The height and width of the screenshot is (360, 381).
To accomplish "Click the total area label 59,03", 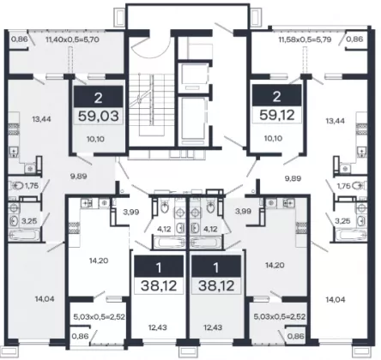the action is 99,117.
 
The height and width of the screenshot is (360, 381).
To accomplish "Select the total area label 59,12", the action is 277,115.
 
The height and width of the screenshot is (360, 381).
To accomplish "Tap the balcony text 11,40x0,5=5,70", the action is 72,39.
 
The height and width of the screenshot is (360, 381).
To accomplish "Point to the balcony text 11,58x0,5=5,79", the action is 305,39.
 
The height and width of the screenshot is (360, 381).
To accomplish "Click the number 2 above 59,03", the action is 98,98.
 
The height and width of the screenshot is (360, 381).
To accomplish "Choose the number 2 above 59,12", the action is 276,97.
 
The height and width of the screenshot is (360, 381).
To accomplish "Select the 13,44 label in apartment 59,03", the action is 41,119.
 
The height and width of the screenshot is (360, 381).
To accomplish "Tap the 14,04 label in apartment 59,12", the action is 336,300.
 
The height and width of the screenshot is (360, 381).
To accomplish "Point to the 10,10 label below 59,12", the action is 273,138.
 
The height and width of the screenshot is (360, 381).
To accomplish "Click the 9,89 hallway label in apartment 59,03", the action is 79,177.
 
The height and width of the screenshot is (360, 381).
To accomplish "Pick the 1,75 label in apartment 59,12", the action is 344,186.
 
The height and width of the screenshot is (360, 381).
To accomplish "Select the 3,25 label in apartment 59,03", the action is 29,221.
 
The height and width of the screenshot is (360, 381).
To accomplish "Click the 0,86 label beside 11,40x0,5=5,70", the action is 20,39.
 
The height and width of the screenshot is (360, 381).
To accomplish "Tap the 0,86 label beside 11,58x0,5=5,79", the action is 354,39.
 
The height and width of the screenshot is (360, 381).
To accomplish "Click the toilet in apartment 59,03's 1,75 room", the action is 15,186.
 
